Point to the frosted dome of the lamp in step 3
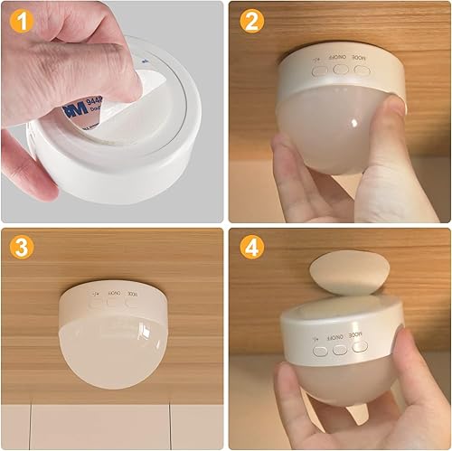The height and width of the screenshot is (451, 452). point(113,348)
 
